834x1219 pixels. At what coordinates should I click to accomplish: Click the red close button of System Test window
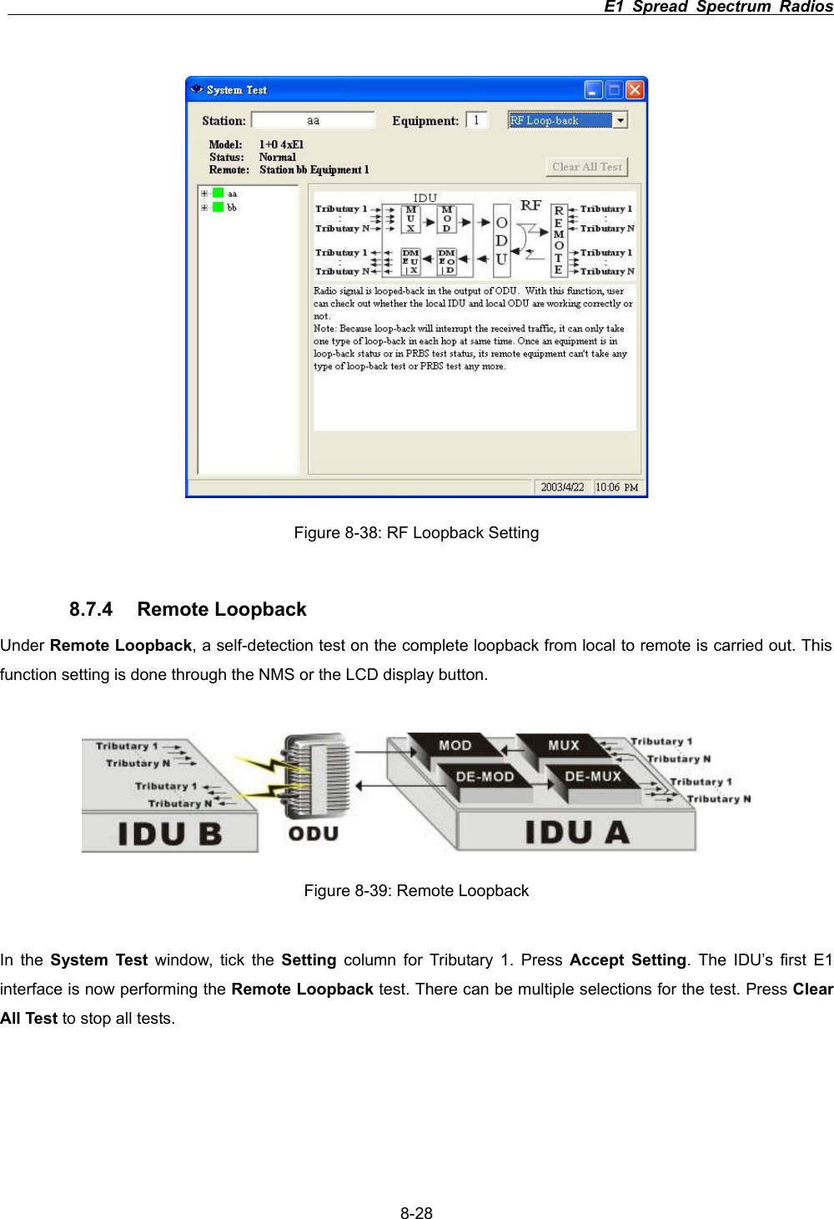pos(635,90)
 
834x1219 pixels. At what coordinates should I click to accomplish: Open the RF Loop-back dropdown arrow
pos(620,121)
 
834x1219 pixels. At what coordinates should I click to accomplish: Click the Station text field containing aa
pos(313,121)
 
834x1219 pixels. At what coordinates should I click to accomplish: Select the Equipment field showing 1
pos(476,121)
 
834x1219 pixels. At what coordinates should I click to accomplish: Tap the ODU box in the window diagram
pos(501,241)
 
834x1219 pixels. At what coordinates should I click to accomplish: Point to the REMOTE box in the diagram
pos(559,240)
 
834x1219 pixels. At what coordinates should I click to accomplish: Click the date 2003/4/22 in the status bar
pos(562,487)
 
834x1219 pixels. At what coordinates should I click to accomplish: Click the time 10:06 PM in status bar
pos(616,487)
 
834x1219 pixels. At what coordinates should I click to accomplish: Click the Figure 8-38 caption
pos(416,533)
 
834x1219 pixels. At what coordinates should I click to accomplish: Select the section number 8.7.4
pos(91,610)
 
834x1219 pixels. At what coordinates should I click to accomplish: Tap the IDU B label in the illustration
pos(170,834)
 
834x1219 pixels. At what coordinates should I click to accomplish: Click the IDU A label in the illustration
pos(576,833)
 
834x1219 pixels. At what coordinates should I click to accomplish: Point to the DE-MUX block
pos(592,777)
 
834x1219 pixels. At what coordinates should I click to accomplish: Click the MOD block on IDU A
pos(455,746)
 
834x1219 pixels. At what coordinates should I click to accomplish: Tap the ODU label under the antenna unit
pos(314,834)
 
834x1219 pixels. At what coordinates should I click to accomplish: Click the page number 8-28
pos(416,1213)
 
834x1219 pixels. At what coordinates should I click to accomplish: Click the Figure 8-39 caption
pos(416,891)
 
